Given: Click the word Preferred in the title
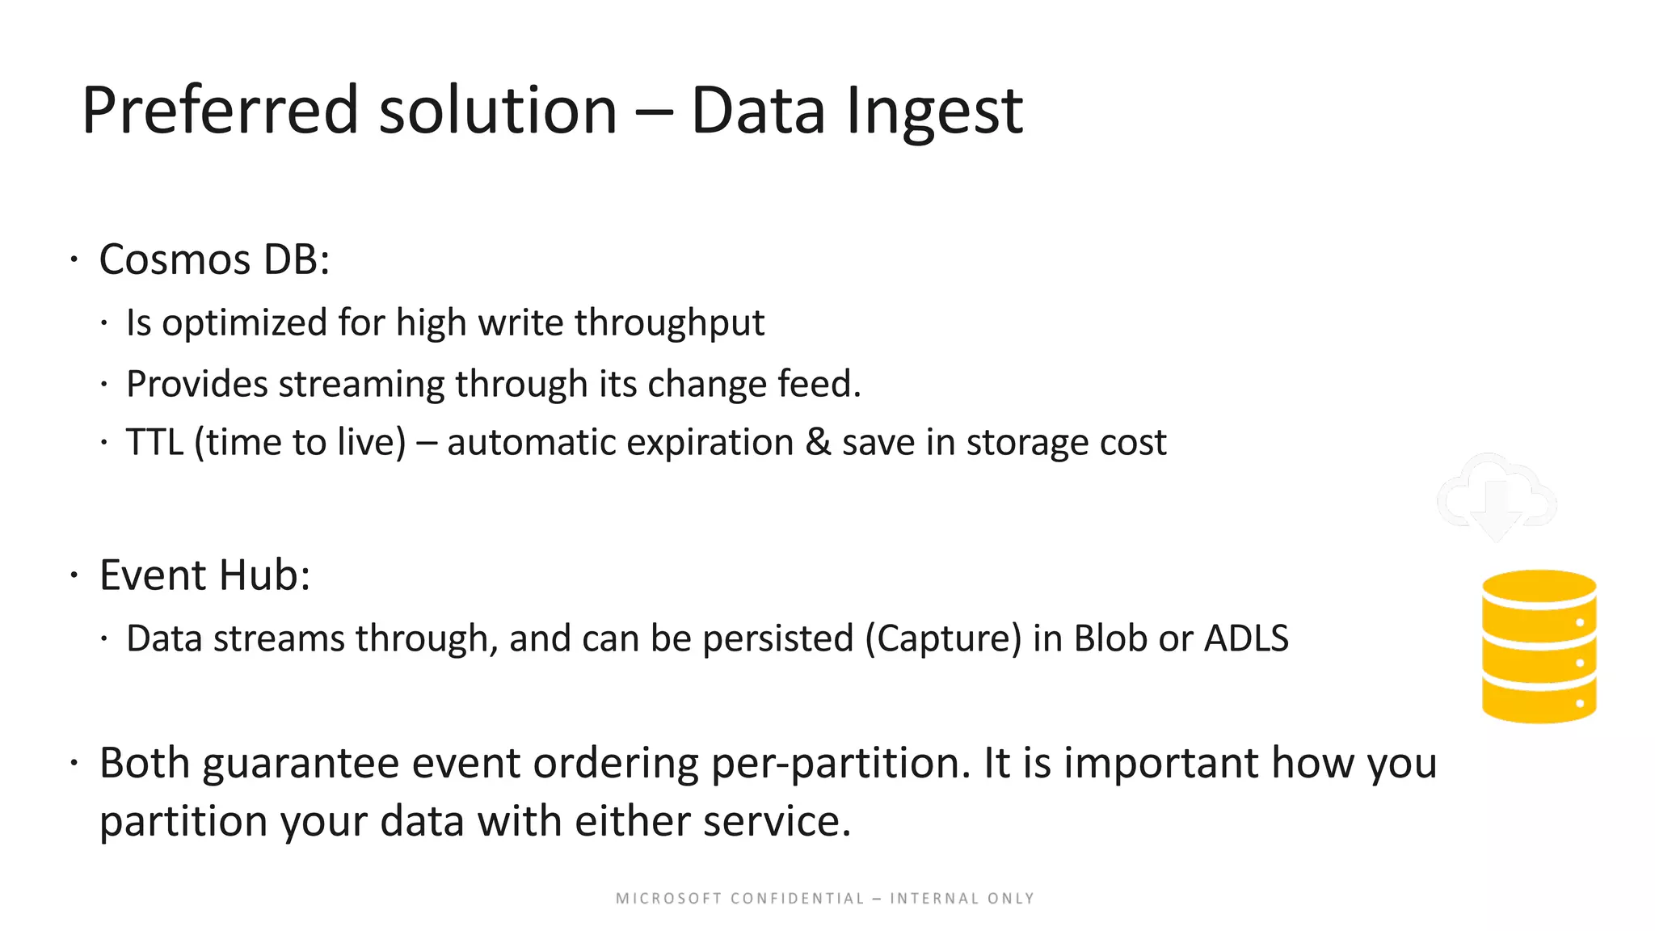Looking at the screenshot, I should (x=220, y=111).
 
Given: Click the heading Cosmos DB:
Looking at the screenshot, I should (x=214, y=259).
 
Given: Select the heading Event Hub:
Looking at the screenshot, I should (x=204, y=575).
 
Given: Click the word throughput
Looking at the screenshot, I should (x=669, y=322).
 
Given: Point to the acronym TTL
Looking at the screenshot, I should (x=154, y=442).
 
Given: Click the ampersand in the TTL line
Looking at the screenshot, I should (x=818, y=442).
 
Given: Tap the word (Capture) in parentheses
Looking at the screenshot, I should (x=943, y=638).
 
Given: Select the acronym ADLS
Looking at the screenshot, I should (x=1246, y=638).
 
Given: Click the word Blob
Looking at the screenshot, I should (x=1110, y=638).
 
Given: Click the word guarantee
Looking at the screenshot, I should (x=301, y=764).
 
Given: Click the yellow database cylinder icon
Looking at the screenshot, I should (x=1539, y=647).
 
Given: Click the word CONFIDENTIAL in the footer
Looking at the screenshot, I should (x=798, y=899).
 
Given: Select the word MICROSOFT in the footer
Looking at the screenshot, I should (x=668, y=899).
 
